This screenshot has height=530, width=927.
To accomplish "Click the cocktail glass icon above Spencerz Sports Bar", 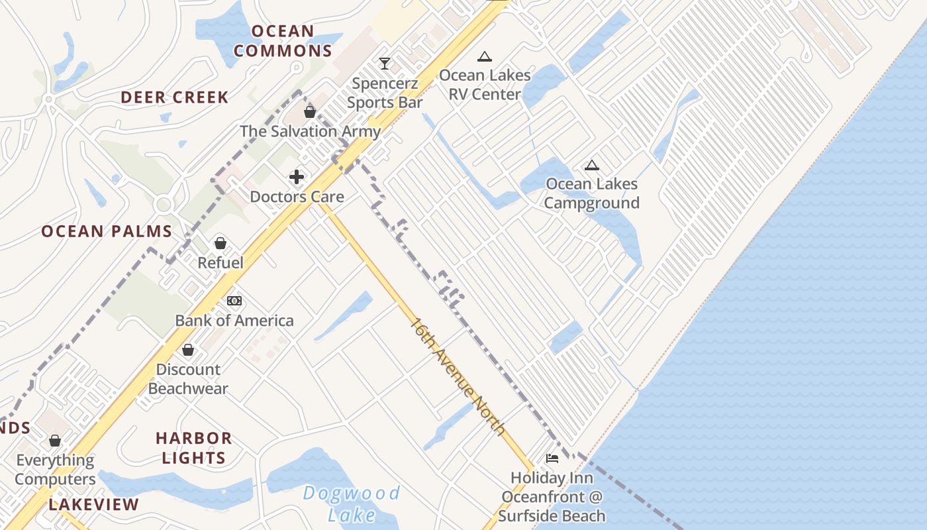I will point(385,64).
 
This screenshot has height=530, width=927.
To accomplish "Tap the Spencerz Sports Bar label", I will point(385,93).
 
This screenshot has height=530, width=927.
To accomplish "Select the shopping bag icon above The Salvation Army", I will point(309,112).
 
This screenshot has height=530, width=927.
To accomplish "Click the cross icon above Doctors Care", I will point(297,177).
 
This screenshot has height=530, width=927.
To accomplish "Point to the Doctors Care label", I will point(297,197).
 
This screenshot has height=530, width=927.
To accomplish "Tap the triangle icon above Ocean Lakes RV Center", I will point(485,57).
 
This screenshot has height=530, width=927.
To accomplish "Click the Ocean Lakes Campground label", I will point(591,193).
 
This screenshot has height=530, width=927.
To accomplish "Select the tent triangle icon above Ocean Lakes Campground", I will point(591,165).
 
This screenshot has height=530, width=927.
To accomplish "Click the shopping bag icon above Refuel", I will point(220,244).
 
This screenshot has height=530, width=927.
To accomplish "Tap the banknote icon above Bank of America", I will point(234,301).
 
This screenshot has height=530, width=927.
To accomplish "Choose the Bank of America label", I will point(234,321).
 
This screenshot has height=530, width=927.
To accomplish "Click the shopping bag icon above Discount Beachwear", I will point(188,350).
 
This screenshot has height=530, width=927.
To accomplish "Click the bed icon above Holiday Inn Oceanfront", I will point(552,458).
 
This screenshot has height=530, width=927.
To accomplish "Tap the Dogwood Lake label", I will point(352,503).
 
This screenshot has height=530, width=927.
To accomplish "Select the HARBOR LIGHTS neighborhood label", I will point(193,448).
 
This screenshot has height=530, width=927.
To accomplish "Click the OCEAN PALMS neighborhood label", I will point(107,232).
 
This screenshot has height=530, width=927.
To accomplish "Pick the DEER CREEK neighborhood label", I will point(175,97).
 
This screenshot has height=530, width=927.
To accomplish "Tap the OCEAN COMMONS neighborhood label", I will point(283,41).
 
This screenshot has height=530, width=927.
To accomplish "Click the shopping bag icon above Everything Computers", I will point(55,441).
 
